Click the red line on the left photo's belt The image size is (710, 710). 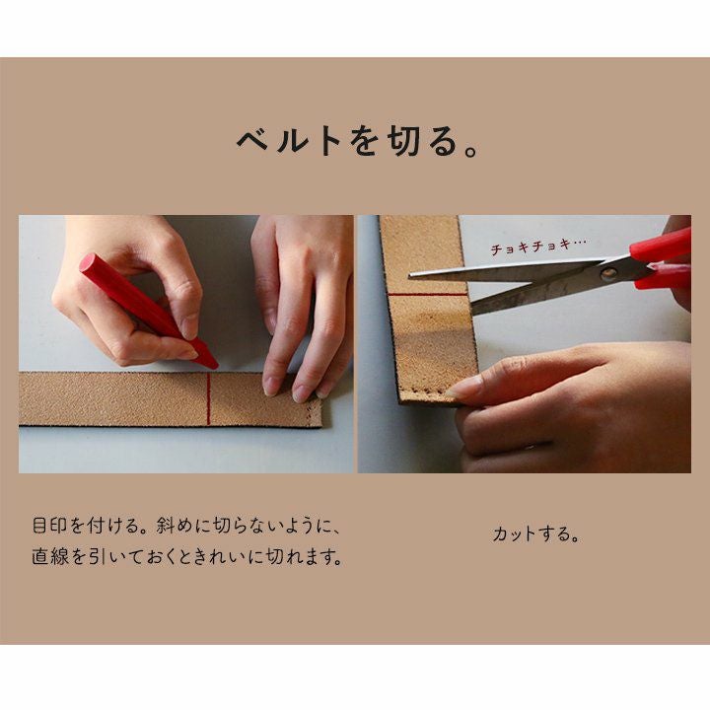click(x=209, y=398)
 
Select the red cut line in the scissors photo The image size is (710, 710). click(x=427, y=295)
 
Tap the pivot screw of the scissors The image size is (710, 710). click(x=607, y=273)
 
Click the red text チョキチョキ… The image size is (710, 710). click(x=538, y=246)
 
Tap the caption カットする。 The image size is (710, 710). click(x=536, y=534)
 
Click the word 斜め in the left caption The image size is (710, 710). click(x=174, y=526)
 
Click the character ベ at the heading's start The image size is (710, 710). click(x=252, y=141)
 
